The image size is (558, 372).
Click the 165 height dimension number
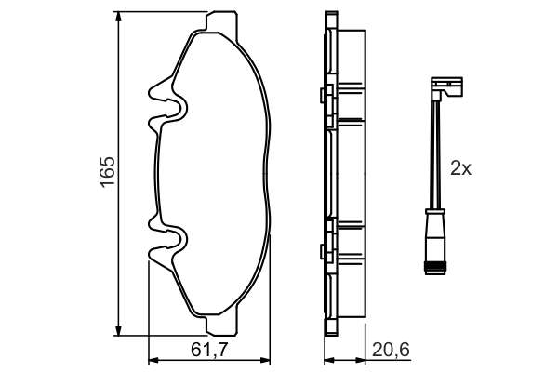(x=108, y=173)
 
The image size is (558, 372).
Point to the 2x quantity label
(x=461, y=168)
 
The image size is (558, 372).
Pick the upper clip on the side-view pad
(x=325, y=95)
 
